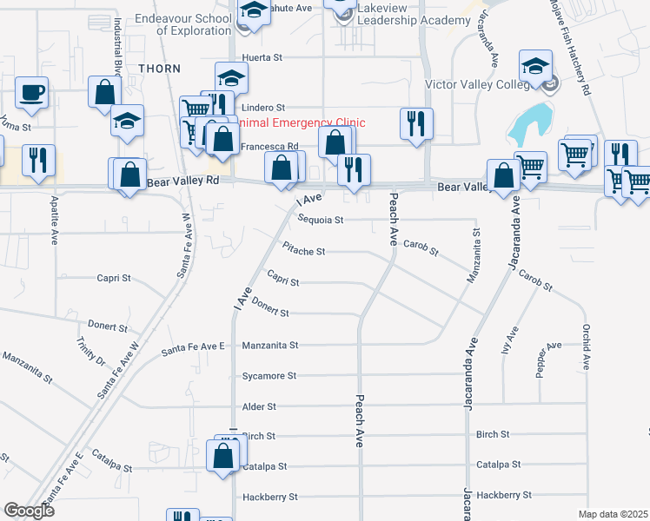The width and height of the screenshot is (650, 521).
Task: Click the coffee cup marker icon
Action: click(31, 93)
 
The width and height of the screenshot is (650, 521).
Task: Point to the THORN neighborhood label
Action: click(159, 69)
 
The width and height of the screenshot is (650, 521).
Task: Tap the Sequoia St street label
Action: click(322, 220)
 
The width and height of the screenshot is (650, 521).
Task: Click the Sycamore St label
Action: click(269, 376)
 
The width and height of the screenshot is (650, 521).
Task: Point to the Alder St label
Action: click(259, 406)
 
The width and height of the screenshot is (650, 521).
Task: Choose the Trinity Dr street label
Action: click(90, 350)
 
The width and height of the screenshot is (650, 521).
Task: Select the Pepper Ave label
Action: click(548, 352)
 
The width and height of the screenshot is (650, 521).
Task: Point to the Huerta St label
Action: click(263, 57)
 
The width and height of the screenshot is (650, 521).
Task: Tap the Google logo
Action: click(30, 511)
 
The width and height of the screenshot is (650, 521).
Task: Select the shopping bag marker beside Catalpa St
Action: click(223, 456)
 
